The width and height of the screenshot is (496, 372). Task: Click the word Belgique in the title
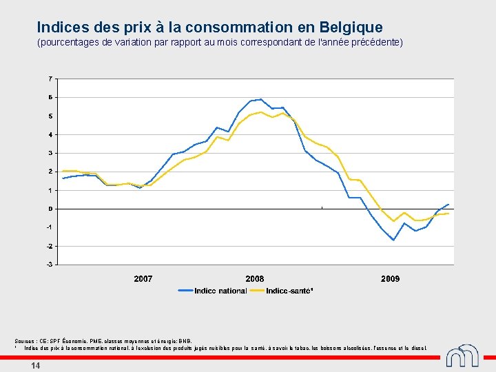351,28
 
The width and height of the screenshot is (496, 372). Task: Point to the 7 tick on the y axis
50,79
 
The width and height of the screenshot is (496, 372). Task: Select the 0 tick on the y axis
50,209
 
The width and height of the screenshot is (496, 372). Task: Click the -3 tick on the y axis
49,265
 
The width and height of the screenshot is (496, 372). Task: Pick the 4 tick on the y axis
50,134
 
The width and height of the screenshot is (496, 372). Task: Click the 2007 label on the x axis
143,279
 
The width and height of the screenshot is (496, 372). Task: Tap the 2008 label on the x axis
255,279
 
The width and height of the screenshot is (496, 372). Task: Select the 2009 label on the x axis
390,279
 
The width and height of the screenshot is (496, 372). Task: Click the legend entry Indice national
220,291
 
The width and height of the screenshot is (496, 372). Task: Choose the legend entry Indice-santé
289,291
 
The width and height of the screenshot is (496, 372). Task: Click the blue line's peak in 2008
261,99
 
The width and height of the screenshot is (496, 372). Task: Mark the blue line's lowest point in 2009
393,240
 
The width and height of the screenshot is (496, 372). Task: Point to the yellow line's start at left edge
63,171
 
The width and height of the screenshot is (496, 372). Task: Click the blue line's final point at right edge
448,204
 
